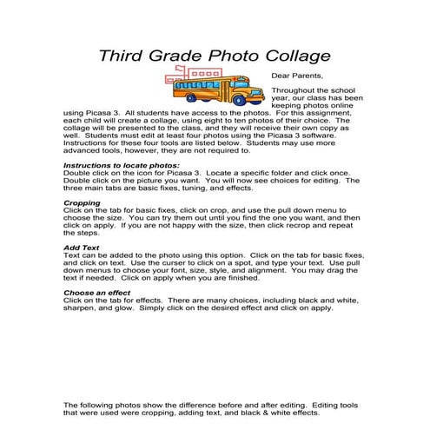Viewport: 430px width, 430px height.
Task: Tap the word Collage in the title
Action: tap(294, 57)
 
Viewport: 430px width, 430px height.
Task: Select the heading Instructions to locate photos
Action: tap(122, 165)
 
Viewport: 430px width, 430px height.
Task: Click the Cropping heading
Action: tap(83, 202)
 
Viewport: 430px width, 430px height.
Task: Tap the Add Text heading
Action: tap(83, 248)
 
